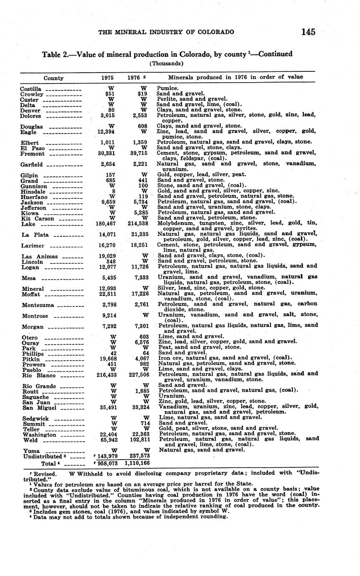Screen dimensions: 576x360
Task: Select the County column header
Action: click(53, 78)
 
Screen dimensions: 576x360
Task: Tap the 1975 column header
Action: click(107, 78)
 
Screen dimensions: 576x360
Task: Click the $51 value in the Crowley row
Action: click(110, 94)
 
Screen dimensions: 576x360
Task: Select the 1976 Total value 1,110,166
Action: click(137, 463)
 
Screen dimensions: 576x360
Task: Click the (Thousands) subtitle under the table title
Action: click(167, 63)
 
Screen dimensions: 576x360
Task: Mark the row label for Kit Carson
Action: click(37, 219)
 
